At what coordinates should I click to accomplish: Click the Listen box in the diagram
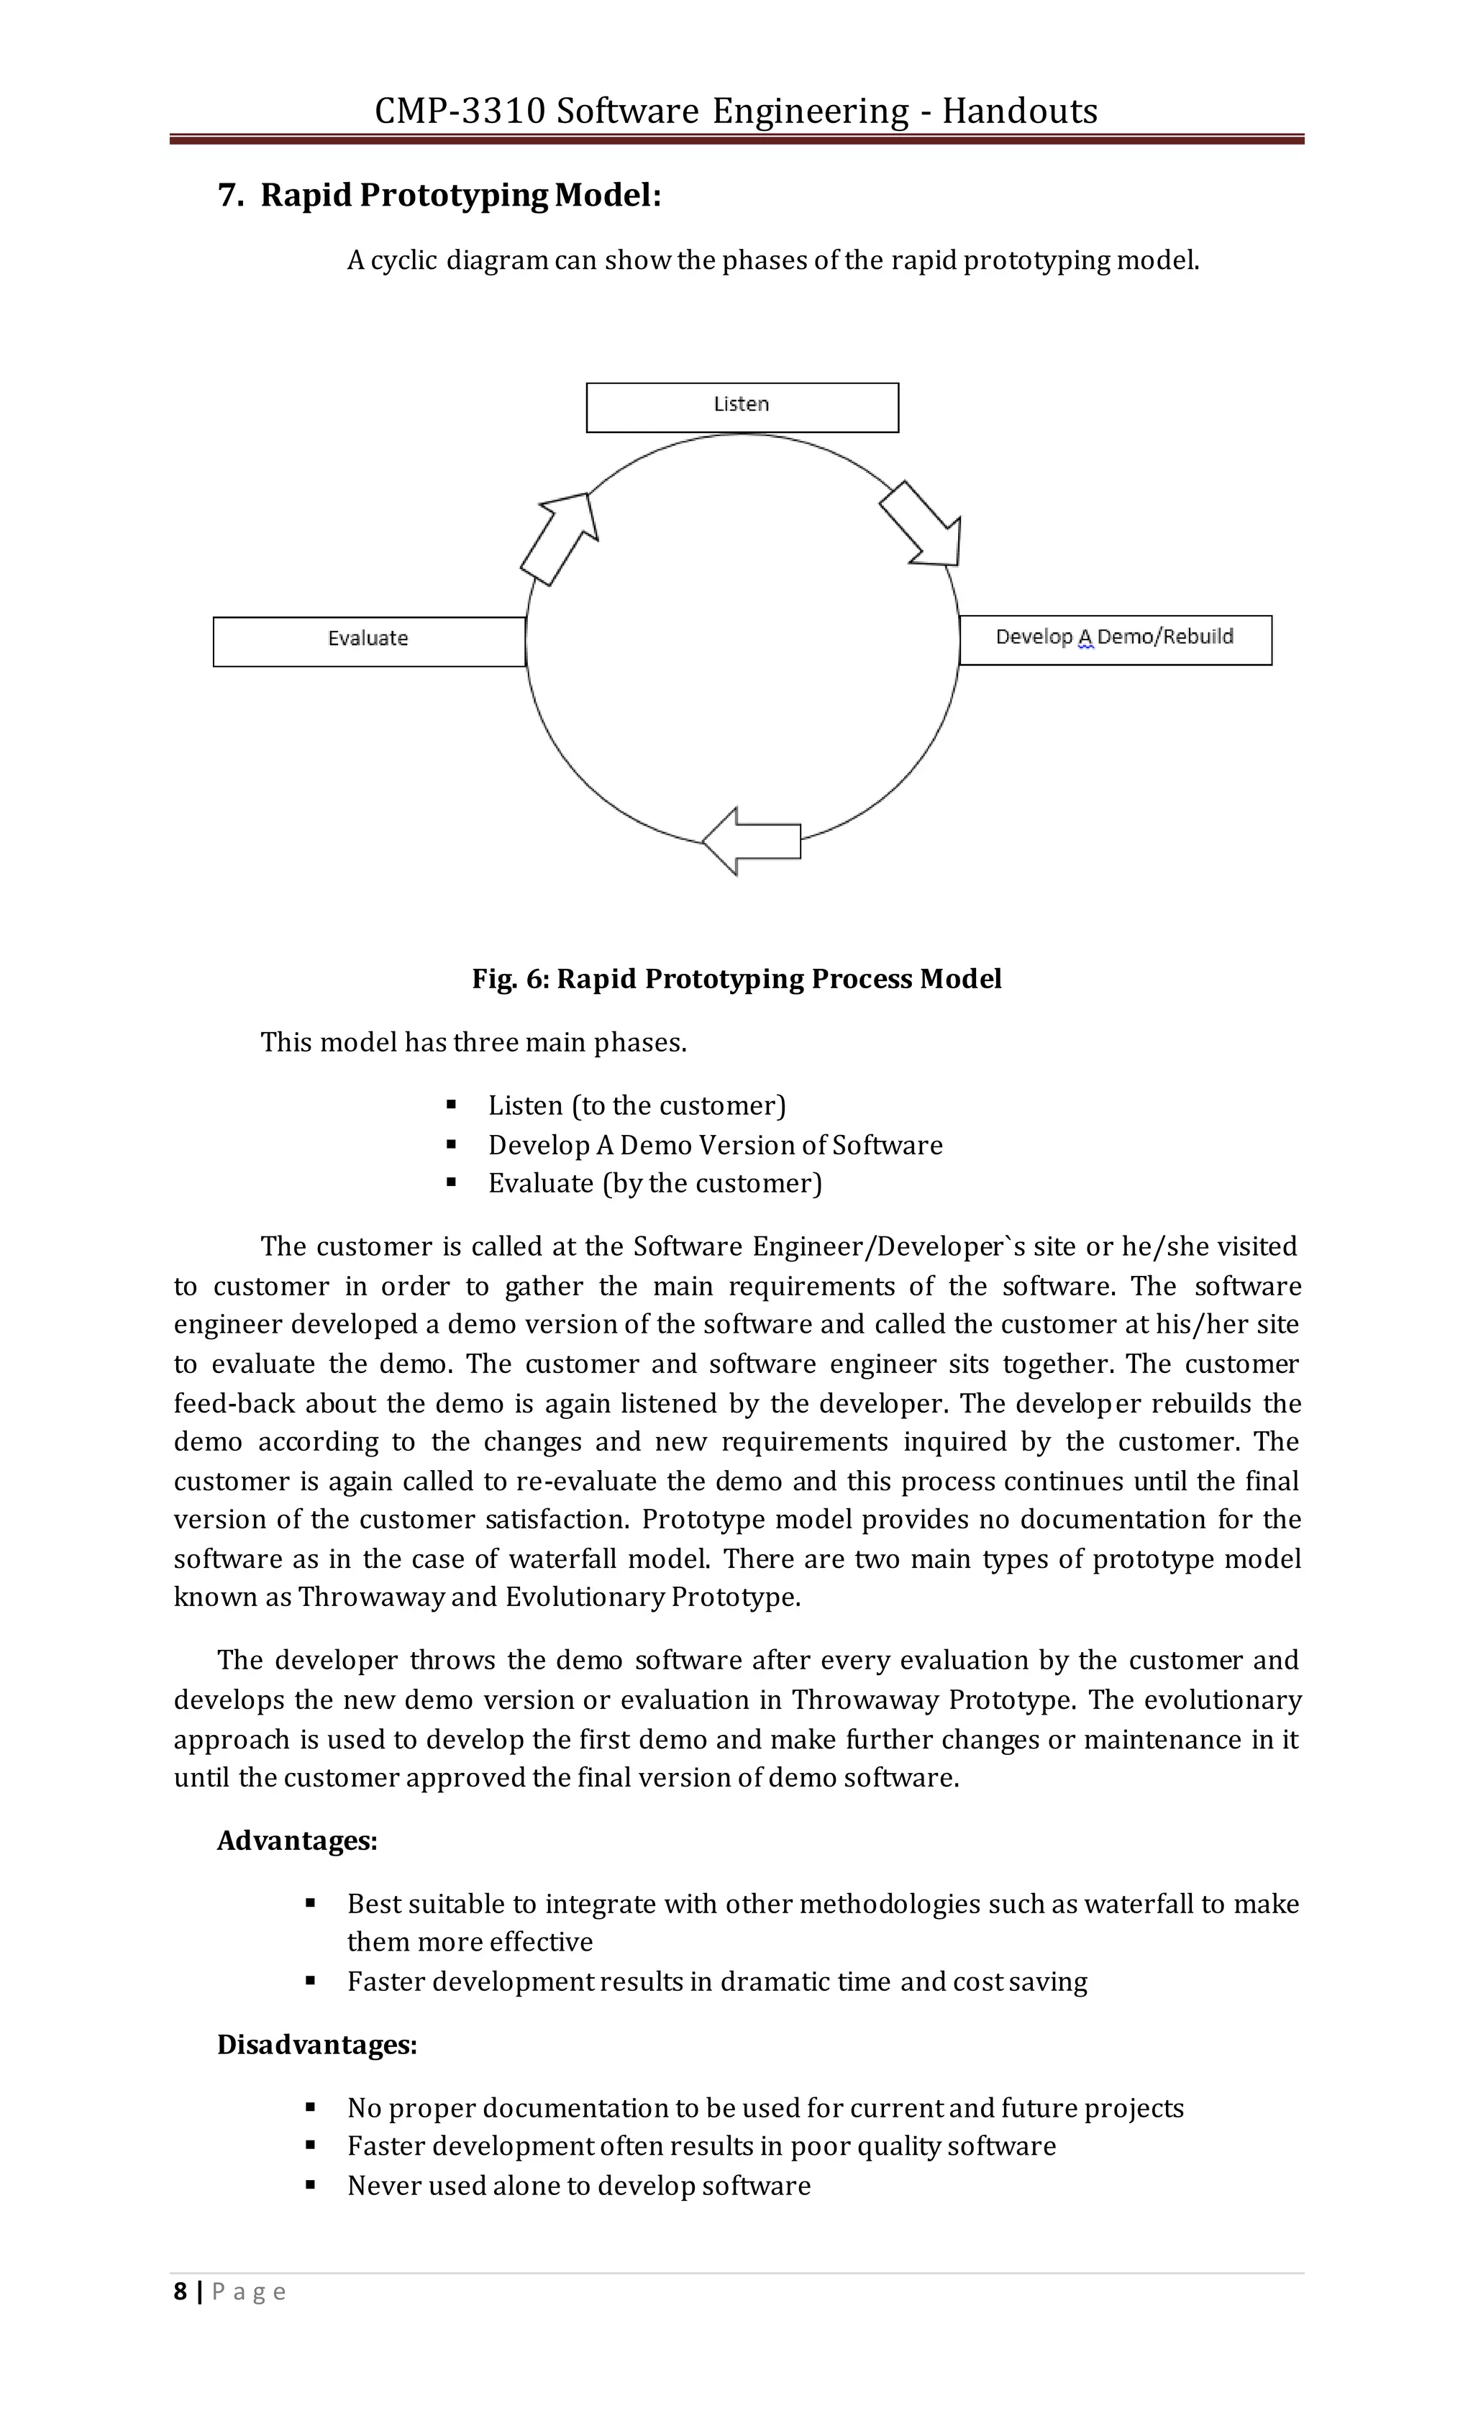(742, 406)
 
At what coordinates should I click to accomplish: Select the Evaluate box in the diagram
(368, 641)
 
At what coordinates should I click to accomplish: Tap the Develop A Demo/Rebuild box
(1115, 639)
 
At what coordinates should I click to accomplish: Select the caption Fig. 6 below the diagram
(736, 979)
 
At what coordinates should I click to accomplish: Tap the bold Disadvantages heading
(317, 2045)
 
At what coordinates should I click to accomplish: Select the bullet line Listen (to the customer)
(636, 1105)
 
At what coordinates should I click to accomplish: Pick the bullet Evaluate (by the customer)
(654, 1183)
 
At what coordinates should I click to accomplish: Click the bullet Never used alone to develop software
(578, 2186)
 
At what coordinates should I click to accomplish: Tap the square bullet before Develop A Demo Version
(452, 1144)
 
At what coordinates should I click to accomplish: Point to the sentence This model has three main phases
(473, 1041)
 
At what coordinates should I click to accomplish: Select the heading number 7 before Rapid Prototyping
(229, 195)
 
